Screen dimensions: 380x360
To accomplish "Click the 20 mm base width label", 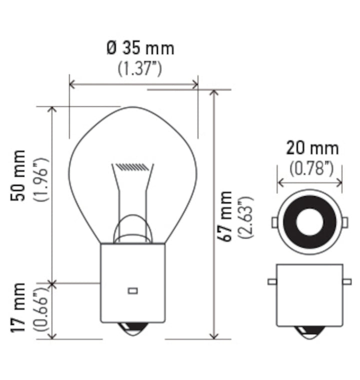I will pos(312,148).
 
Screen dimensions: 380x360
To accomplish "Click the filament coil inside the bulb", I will pos(132,166).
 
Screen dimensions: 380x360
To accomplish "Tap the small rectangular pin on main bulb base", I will pos(132,290).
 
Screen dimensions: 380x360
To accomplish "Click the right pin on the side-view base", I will pos(346,282).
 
